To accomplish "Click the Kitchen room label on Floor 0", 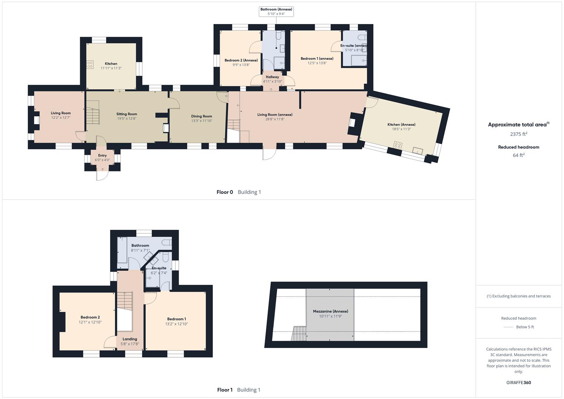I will [111, 64].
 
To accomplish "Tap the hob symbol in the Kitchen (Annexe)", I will [398, 145].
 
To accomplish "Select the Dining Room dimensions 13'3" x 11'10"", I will [201, 121].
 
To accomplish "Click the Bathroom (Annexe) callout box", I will [276, 11].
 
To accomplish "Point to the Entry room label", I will [102, 156].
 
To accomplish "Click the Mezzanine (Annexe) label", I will [330, 311].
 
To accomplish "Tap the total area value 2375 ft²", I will [519, 134].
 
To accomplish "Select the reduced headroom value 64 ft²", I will [519, 155].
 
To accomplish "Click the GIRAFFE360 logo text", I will [519, 382].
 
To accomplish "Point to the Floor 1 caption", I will [225, 390].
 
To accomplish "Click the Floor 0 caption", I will [225, 192].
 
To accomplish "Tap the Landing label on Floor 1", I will [130, 339].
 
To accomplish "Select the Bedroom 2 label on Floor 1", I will [90, 317].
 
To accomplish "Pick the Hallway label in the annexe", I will [272, 77].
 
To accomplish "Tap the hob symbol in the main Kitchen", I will [90, 64].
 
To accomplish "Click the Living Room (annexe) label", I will [275, 115].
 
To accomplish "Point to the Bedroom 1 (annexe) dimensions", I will [317, 63].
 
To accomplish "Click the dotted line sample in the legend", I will [508, 327].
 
